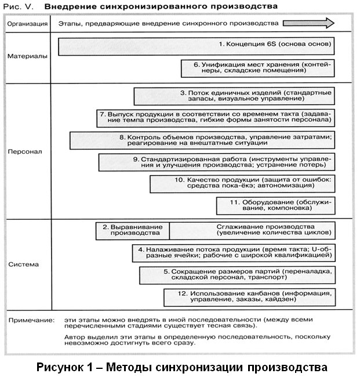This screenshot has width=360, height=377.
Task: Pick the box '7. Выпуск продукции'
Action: click(x=214, y=118)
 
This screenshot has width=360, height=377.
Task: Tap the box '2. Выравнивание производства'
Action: click(x=132, y=230)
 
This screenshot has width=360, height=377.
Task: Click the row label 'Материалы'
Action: click(x=28, y=57)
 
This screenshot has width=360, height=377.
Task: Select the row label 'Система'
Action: click(x=24, y=264)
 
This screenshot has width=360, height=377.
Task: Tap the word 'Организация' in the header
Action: click(x=27, y=24)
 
